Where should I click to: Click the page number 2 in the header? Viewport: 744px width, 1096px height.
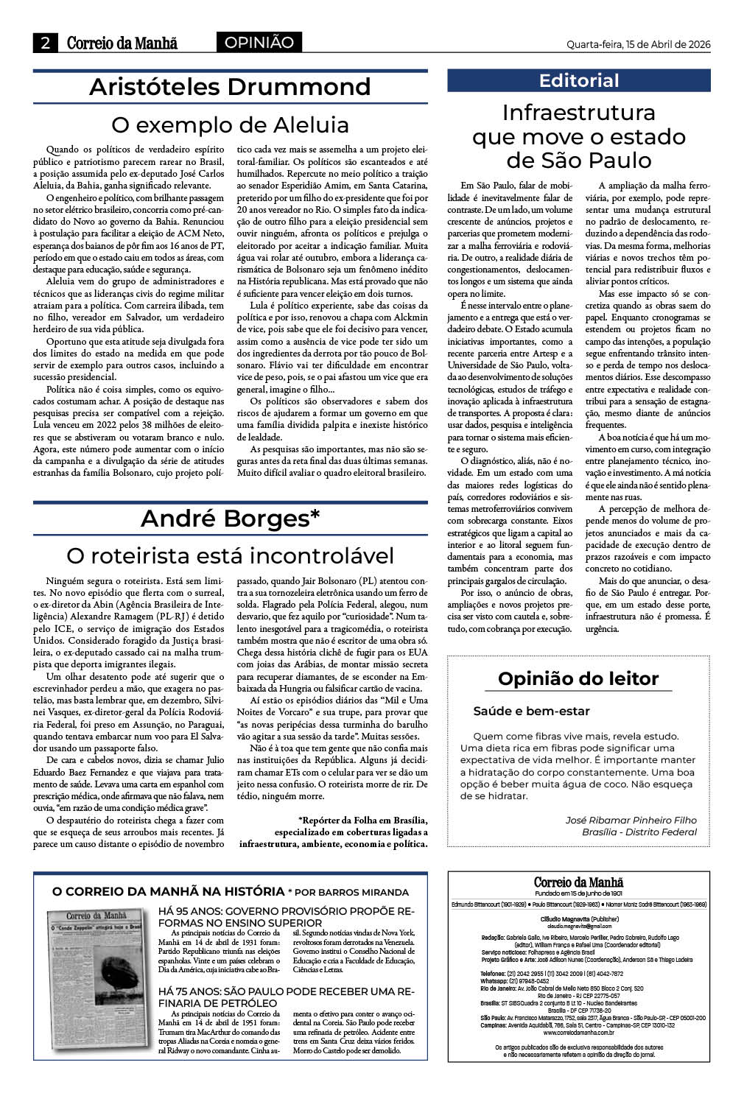click(46, 43)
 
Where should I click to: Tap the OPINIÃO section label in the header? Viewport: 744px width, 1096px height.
click(259, 43)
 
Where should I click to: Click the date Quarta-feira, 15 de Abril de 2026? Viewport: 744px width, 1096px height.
click(638, 44)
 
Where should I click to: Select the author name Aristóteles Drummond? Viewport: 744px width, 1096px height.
click(230, 87)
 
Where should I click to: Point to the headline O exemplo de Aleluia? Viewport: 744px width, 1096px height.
click(230, 124)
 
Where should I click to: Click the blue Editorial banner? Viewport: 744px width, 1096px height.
click(579, 80)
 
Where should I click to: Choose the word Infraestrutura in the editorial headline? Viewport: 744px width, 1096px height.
click(579, 113)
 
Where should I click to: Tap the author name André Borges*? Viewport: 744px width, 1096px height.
click(230, 519)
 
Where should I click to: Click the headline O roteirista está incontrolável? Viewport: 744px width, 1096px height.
click(230, 555)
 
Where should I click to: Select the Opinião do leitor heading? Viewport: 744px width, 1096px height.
click(578, 678)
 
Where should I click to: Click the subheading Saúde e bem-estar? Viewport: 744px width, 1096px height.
click(531, 712)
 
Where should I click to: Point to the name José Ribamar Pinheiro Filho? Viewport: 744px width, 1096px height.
click(631, 820)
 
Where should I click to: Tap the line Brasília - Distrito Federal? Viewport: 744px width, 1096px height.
click(639, 832)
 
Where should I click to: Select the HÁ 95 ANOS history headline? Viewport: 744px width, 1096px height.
click(292, 916)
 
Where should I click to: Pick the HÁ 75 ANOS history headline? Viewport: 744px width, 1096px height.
click(292, 997)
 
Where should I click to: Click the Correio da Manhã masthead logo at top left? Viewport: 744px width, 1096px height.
click(122, 43)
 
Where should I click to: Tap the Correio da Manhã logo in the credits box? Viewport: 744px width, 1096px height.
click(579, 882)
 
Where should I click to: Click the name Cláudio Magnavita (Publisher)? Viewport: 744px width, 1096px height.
click(579, 920)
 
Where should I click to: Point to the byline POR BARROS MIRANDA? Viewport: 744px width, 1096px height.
click(352, 892)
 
